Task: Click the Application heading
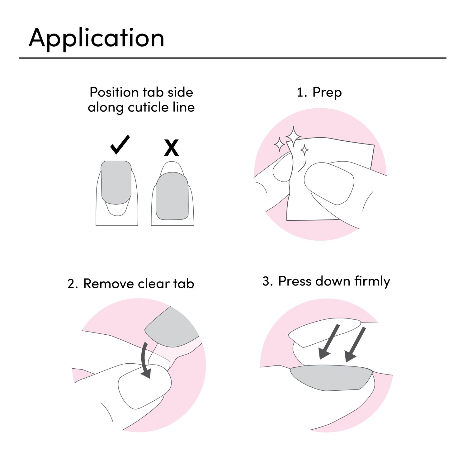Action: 96,38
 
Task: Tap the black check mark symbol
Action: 120,145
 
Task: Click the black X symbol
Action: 171,148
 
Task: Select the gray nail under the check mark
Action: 116,182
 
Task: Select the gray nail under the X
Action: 172,196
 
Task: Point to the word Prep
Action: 327,92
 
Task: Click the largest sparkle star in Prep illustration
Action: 293,136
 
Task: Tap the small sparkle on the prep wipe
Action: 304,150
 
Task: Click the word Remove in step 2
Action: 109,284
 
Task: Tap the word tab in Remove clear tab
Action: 184,284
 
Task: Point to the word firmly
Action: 372,281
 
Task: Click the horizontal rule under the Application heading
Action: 233,58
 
